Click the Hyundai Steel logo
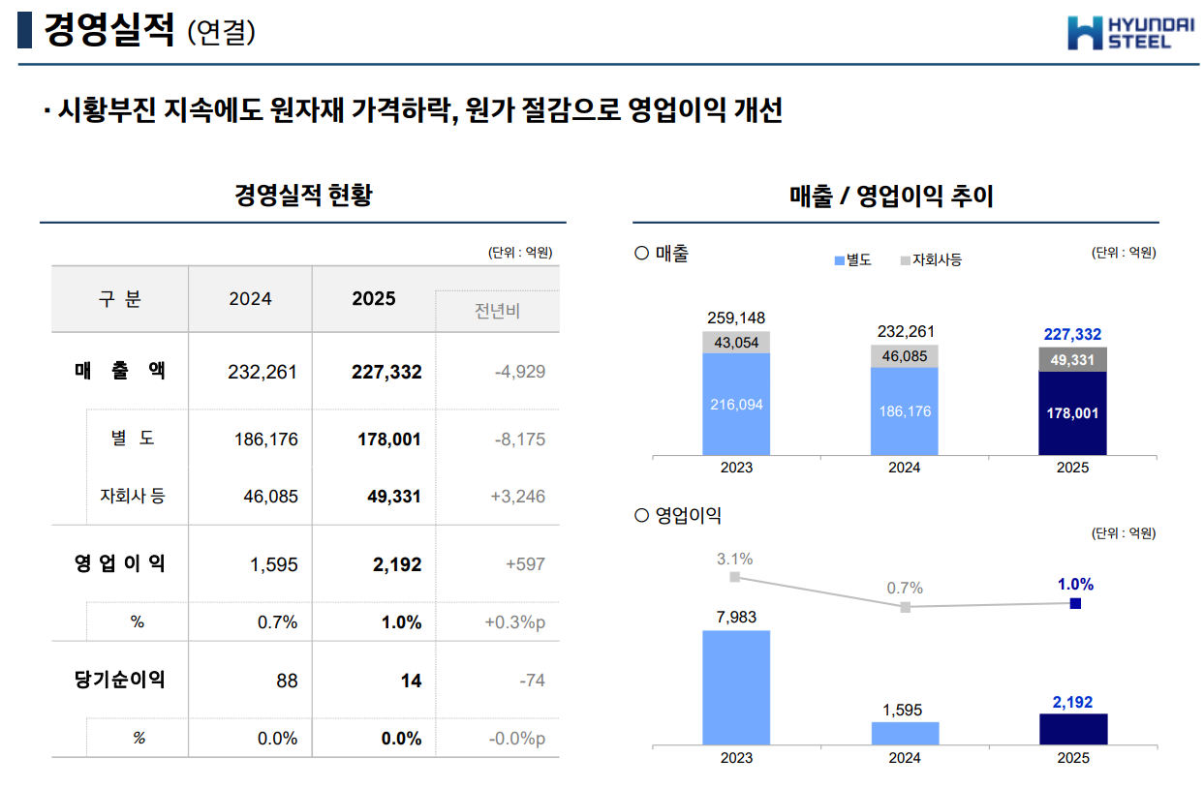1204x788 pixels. [x=1117, y=32]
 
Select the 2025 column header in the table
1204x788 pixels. [x=374, y=299]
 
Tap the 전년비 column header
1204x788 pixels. [x=497, y=312]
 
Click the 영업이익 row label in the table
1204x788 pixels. [x=120, y=563]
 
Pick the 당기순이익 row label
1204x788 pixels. [x=120, y=681]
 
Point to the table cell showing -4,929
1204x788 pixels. [x=520, y=372]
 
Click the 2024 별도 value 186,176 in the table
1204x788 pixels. [x=266, y=439]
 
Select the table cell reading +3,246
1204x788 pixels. [x=518, y=497]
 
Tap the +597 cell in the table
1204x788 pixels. [x=526, y=564]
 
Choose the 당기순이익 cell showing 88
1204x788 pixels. [x=287, y=682]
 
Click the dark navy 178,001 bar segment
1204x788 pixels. [x=1072, y=413]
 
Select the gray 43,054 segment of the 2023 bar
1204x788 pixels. [x=736, y=343]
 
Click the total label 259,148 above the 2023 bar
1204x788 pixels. [x=736, y=318]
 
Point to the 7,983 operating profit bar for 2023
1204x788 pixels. [x=736, y=687]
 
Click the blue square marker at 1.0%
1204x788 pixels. [x=1075, y=604]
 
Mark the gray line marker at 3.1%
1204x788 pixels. [x=735, y=577]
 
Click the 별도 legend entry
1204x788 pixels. [x=853, y=260]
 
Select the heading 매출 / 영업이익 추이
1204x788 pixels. [x=892, y=197]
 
